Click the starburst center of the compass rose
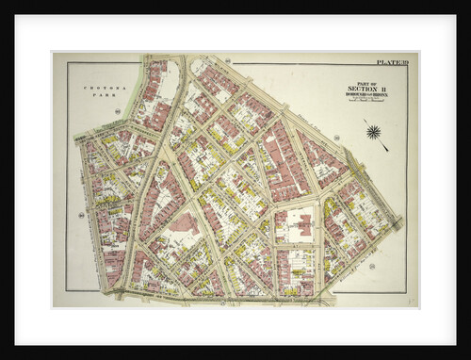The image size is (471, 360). click(374, 131)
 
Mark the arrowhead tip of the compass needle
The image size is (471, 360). click(387, 150)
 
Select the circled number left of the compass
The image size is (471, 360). click(336, 138)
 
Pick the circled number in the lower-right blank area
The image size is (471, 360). click(373, 266)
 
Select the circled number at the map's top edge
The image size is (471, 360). click(228, 60)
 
